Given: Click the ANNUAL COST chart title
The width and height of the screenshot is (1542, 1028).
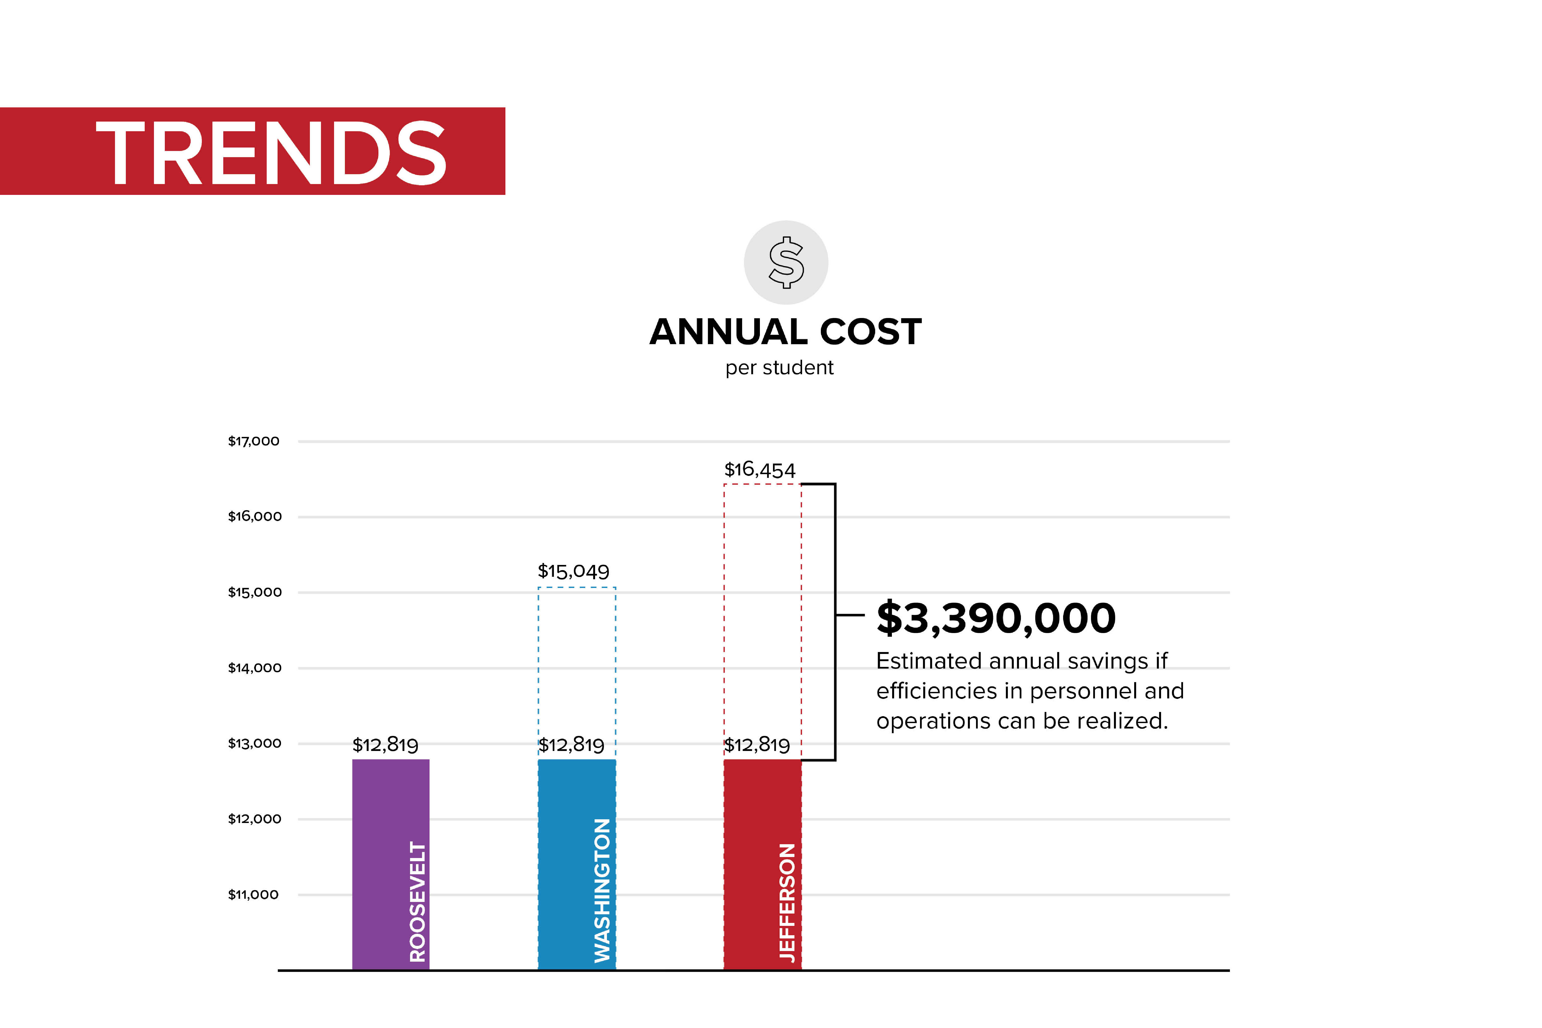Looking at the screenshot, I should (785, 332).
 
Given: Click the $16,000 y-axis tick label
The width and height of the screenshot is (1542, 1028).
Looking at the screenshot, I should (254, 517).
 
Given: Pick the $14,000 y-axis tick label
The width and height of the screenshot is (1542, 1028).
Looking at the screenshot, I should (254, 668).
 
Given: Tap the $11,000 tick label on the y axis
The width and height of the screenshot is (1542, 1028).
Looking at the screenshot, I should (253, 894).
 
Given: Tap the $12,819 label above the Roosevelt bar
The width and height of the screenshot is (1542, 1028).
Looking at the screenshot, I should (385, 745).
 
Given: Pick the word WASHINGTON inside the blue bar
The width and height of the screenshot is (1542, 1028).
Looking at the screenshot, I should (602, 890).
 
